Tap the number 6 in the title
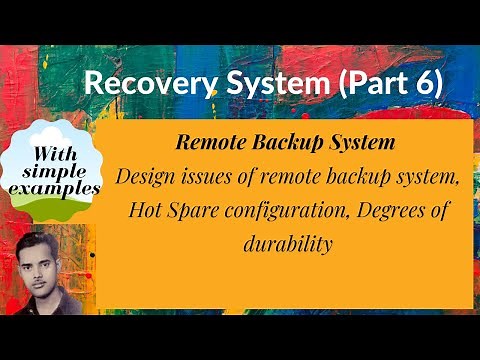[423, 84]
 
